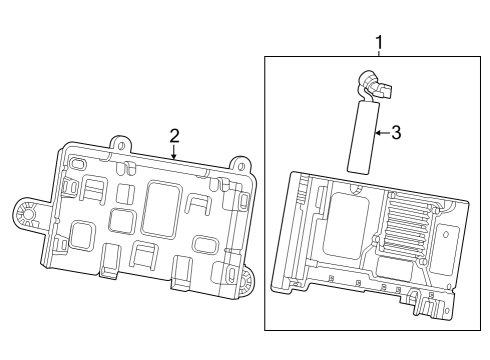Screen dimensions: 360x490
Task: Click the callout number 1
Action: [378, 42]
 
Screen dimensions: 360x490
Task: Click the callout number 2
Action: [174, 135]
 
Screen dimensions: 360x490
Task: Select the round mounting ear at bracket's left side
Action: [26, 213]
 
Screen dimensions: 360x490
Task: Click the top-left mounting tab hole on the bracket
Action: [119, 144]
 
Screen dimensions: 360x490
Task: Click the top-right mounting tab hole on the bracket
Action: [239, 164]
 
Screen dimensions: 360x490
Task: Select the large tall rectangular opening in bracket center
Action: [159, 207]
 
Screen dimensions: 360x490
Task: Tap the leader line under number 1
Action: [378, 54]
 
